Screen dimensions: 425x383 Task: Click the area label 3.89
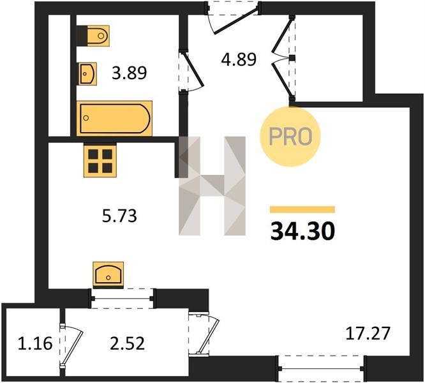(130, 73)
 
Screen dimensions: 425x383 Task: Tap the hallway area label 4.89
(239, 59)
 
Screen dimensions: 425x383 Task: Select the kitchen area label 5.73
(119, 216)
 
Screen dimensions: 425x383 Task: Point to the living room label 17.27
(368, 333)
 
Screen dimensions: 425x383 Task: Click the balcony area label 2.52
(127, 343)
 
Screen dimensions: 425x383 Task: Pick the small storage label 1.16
(35, 343)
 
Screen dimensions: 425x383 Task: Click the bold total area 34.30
(302, 232)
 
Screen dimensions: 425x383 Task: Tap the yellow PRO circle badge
(290, 137)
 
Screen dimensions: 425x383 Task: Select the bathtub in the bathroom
(114, 118)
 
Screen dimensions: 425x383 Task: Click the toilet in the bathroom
(93, 36)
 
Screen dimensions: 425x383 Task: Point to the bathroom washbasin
(87, 73)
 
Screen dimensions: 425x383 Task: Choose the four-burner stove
(100, 160)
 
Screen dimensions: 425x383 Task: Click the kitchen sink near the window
(108, 275)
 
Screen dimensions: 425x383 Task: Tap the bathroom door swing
(193, 71)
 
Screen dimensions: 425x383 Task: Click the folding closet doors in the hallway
(283, 58)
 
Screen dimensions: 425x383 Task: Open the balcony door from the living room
(207, 334)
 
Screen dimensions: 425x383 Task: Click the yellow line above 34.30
(302, 209)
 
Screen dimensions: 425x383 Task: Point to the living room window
(322, 368)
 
